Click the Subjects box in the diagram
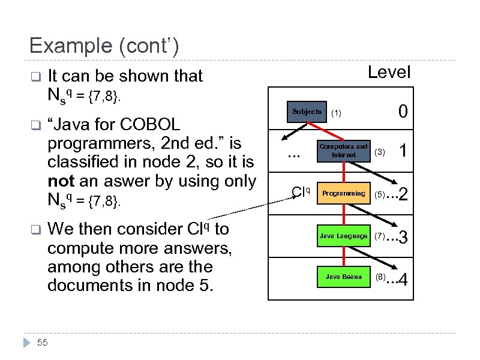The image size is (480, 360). [x=307, y=112]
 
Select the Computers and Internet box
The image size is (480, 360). [x=343, y=151]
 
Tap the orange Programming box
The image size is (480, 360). [x=343, y=193]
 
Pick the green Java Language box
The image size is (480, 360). [x=343, y=236]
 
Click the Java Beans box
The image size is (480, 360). [x=343, y=277]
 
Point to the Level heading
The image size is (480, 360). [x=389, y=73]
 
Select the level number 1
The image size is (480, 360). [x=404, y=152]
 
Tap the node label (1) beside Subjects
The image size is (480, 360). [x=337, y=113]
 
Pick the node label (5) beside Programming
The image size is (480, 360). [x=380, y=194]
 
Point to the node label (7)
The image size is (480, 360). [x=380, y=236]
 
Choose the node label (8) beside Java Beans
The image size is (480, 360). [x=380, y=277]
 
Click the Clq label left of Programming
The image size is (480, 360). [x=300, y=192]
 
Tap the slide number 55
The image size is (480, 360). [x=43, y=343]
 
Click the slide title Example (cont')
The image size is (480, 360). [x=103, y=46]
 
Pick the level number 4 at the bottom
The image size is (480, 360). [x=404, y=280]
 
